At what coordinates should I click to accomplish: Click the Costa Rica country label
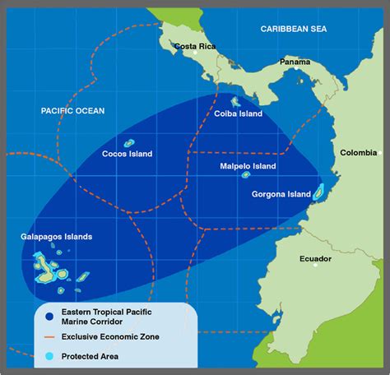(x=196, y=46)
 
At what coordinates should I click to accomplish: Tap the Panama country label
(x=295, y=62)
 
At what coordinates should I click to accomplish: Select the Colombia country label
(x=360, y=152)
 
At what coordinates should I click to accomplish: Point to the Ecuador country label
(x=315, y=259)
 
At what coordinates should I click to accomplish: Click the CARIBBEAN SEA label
(x=294, y=29)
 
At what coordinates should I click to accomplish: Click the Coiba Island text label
(x=239, y=114)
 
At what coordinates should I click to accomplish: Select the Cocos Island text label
(x=128, y=153)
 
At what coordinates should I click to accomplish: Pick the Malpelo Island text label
(x=248, y=165)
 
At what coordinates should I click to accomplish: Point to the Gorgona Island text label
(x=281, y=195)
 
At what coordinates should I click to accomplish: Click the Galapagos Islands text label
(x=57, y=237)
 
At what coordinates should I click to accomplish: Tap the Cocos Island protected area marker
(x=129, y=142)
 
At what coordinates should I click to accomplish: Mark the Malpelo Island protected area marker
(x=245, y=174)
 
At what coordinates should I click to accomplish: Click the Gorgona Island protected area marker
(x=318, y=192)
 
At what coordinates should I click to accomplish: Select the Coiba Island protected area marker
(x=235, y=102)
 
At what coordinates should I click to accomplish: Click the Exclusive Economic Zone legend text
(x=114, y=337)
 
